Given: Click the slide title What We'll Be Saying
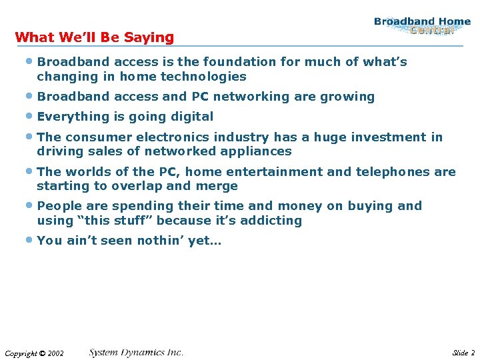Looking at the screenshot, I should click(x=94, y=37).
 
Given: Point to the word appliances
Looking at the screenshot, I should click(x=257, y=151).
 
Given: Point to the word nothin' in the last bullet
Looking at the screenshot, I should click(x=160, y=241).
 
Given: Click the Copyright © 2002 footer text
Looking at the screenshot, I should click(x=34, y=353).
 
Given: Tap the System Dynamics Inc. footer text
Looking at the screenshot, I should click(x=136, y=353).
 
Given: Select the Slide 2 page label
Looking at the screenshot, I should click(x=463, y=353).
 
